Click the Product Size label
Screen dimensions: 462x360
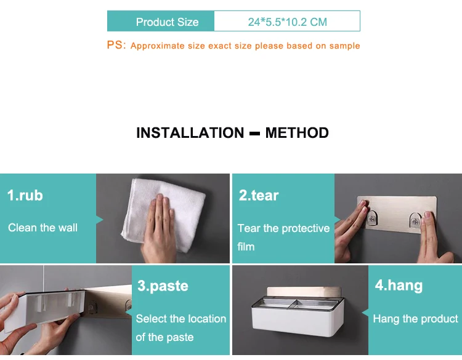(x=167, y=22)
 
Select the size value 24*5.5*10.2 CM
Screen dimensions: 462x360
(x=287, y=22)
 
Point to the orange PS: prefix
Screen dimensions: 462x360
(x=116, y=45)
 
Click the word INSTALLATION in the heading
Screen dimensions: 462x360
(x=190, y=133)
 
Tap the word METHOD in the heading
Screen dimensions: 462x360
(x=297, y=133)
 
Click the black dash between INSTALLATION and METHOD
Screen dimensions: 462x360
(x=254, y=134)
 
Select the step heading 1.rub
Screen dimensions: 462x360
(x=25, y=196)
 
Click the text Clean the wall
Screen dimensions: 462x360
(x=43, y=228)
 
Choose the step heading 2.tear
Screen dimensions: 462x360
(x=259, y=196)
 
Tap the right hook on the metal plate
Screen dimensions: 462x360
(x=415, y=220)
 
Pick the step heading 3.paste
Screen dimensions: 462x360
(x=163, y=286)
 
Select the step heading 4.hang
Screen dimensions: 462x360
(x=399, y=286)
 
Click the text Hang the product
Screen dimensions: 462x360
(x=415, y=319)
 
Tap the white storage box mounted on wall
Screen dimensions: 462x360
(x=298, y=316)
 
